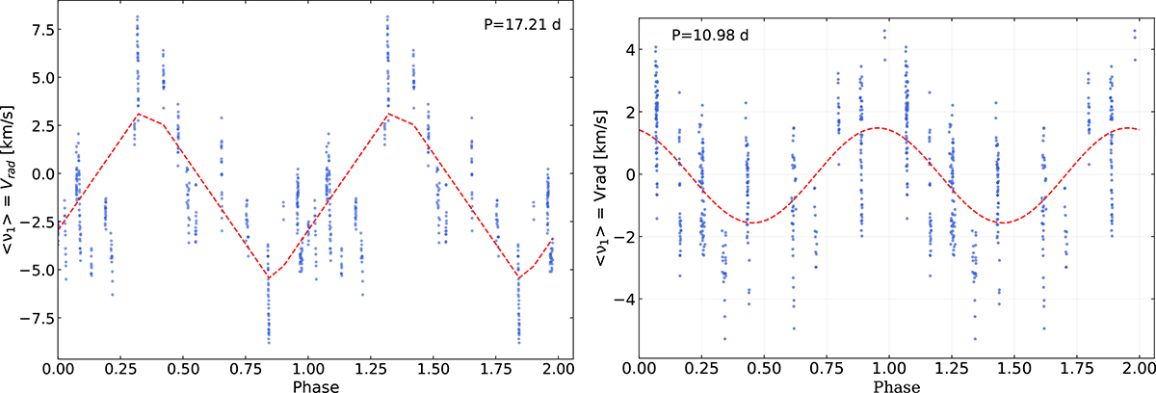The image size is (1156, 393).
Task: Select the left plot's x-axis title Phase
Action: coord(308,384)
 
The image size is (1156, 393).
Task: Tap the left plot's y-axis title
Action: coord(13,183)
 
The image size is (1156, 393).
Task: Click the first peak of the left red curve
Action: coord(138,114)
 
